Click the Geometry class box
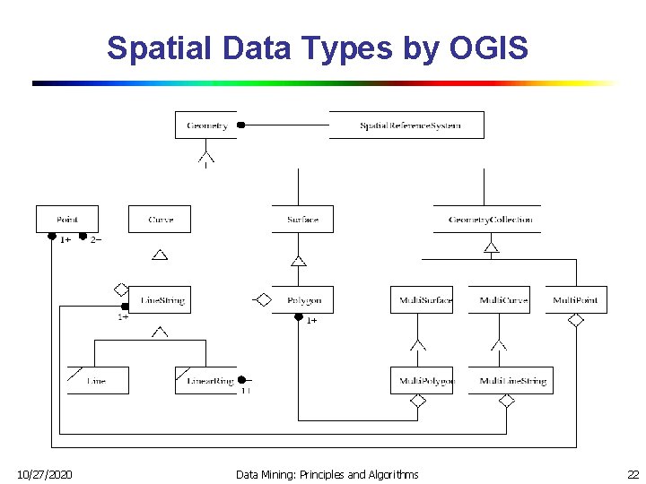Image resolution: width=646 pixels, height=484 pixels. click(x=206, y=125)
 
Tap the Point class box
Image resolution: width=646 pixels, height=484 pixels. click(x=67, y=220)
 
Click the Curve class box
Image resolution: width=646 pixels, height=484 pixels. click(x=160, y=220)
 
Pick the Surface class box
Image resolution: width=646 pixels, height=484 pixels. click(x=302, y=220)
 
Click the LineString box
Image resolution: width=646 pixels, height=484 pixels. click(x=160, y=300)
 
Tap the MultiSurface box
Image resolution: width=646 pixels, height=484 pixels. click(x=421, y=300)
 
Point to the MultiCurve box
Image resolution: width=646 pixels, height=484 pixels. click(x=499, y=300)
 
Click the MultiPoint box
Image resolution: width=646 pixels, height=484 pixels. click(x=576, y=300)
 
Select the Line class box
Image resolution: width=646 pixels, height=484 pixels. click(x=98, y=381)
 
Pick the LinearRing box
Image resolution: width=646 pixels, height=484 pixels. click(x=206, y=381)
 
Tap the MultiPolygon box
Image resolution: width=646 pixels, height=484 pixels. click(x=422, y=381)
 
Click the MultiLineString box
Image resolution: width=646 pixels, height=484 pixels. click(x=511, y=381)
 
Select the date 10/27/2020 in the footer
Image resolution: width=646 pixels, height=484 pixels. click(x=46, y=473)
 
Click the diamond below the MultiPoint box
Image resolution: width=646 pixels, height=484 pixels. click(x=576, y=320)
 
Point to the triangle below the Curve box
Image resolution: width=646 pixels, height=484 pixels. click(x=160, y=255)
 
